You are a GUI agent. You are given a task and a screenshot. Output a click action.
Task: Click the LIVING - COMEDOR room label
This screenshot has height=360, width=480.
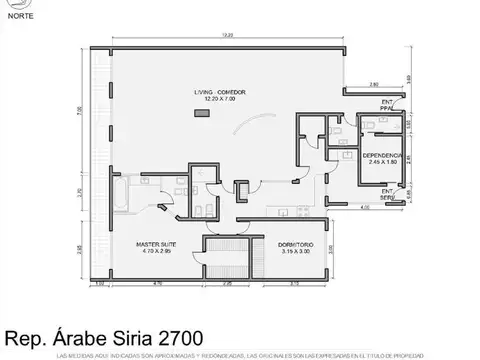[x=221, y=92]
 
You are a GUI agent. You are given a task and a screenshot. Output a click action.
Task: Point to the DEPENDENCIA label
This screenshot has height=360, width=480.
[x=383, y=156]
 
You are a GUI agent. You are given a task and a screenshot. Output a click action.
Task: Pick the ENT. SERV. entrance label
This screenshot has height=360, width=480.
[x=387, y=194]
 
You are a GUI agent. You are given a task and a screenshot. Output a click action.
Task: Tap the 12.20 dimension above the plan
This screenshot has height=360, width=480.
[x=229, y=36]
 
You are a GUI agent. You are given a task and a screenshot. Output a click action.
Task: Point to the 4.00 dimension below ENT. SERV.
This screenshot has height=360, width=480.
[x=367, y=208]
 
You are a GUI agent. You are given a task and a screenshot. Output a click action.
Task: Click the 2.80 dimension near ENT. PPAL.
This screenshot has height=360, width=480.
[x=373, y=83]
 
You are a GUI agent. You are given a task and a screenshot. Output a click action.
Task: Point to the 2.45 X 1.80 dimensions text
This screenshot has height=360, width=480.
[x=383, y=163]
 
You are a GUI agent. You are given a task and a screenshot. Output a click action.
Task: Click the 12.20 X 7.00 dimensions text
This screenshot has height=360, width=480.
[x=221, y=99]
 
